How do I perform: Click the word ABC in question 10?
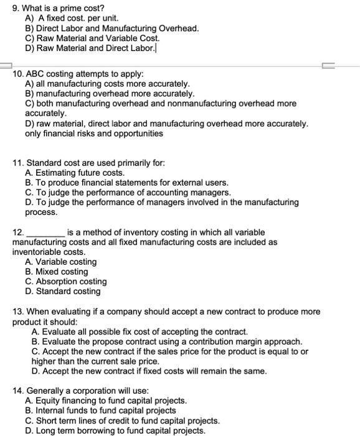coord(37,73)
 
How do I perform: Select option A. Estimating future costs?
coord(75,173)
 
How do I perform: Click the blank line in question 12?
coord(44,233)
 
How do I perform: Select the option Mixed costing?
coord(57,272)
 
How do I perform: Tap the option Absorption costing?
coord(65,282)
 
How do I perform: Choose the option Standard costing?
coord(62,291)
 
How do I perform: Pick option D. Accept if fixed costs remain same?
coord(149,371)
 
